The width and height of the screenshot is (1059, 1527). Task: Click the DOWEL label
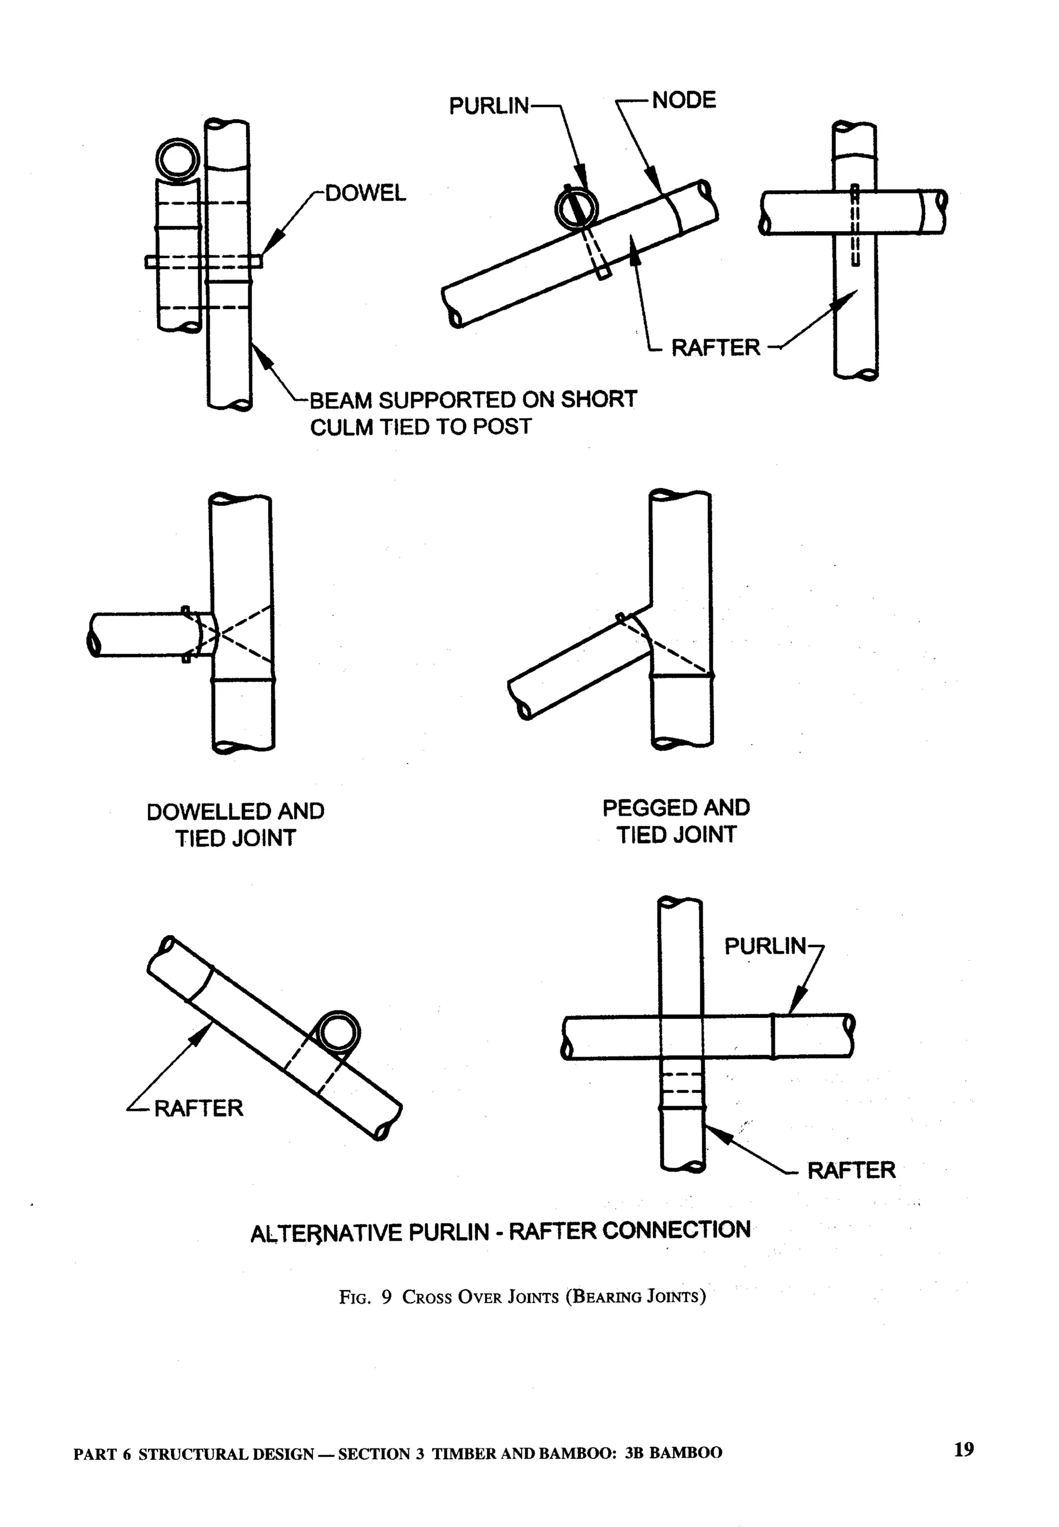click(x=365, y=194)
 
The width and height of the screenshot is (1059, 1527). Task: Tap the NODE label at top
click(x=684, y=101)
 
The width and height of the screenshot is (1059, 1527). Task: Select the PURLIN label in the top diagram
click(x=489, y=106)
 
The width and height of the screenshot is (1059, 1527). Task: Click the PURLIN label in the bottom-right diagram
click(x=764, y=946)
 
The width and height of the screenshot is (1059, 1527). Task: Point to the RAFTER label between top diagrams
click(x=715, y=347)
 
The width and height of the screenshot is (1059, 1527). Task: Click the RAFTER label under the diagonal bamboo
click(x=199, y=1108)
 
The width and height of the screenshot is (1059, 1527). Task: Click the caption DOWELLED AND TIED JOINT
click(x=236, y=824)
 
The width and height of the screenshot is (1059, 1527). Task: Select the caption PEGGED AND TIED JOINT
click(x=676, y=821)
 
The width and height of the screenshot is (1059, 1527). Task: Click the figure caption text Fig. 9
click(x=365, y=1297)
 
